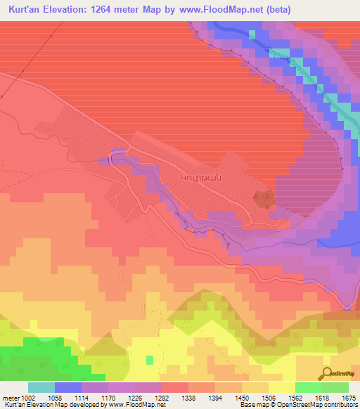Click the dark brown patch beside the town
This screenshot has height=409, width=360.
point(264,199)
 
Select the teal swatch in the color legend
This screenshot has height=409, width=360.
point(41,387)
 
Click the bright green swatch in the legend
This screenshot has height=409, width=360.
point(308,387)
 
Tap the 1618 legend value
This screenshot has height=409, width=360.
point(306,398)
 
